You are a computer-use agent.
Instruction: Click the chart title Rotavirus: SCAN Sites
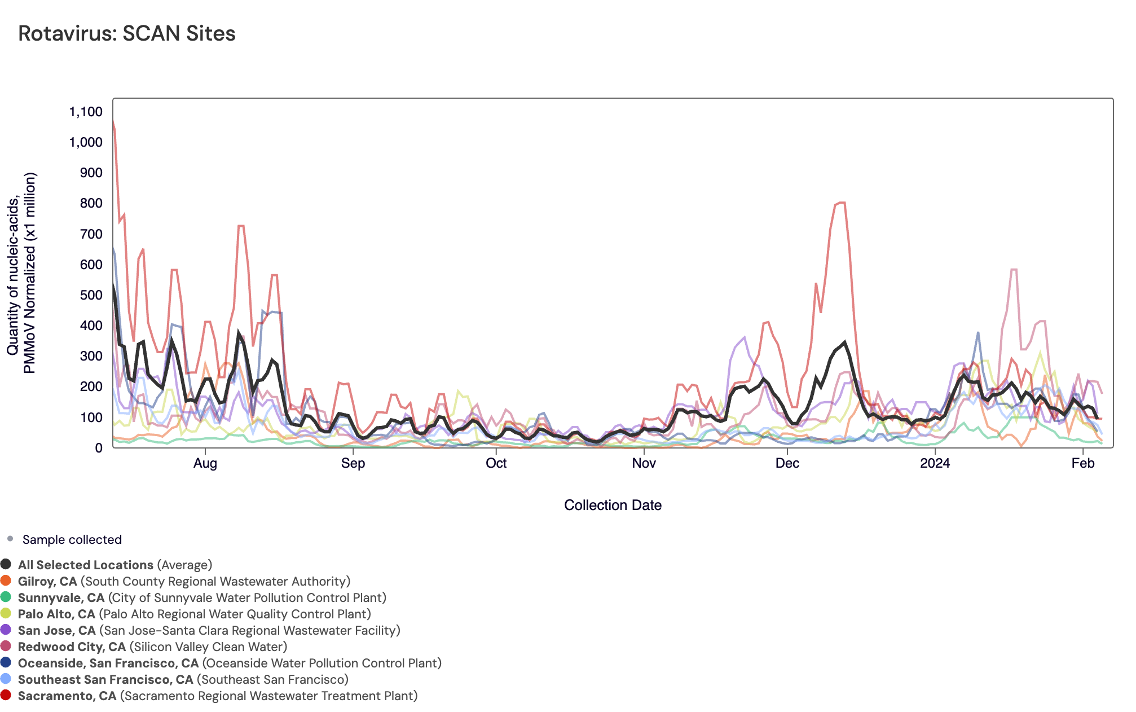(x=127, y=34)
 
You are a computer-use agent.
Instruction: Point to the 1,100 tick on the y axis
(x=86, y=112)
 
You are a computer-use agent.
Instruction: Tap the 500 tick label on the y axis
(x=91, y=295)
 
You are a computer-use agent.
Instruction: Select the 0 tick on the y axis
(x=99, y=448)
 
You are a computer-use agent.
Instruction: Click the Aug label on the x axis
(x=205, y=464)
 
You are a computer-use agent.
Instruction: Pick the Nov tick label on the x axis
(x=644, y=464)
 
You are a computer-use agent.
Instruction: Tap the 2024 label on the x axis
(x=935, y=464)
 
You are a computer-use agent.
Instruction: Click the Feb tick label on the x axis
(x=1082, y=464)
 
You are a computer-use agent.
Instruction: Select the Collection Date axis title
(x=613, y=506)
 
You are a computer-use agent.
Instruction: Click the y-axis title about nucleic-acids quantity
(x=21, y=273)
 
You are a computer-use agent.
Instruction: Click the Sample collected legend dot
(x=10, y=539)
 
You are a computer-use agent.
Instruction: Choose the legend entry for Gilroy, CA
(x=47, y=582)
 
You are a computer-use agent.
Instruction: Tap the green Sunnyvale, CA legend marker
(x=6, y=597)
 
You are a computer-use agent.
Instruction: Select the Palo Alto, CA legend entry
(x=56, y=614)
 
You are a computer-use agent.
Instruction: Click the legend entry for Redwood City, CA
(x=72, y=647)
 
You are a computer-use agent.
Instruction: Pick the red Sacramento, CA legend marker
(x=6, y=696)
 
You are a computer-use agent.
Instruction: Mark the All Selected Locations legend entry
(x=86, y=565)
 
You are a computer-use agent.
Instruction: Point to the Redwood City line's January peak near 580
(x=1014, y=270)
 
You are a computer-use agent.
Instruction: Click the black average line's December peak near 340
(x=844, y=342)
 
